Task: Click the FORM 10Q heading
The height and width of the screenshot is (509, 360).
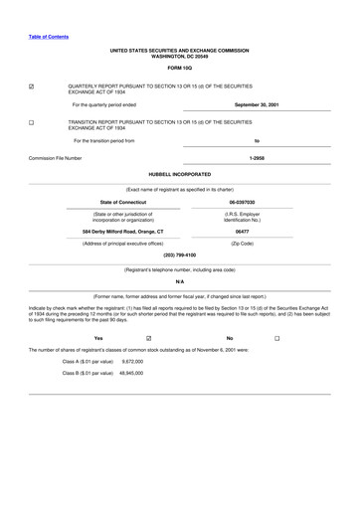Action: pos(179,68)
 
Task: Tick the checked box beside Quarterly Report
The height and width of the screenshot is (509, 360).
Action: pos(32,87)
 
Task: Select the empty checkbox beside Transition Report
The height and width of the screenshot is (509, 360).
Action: pos(32,124)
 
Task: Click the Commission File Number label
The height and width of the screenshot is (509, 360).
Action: pos(55,158)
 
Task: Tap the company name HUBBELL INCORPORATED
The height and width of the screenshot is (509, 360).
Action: pos(179,174)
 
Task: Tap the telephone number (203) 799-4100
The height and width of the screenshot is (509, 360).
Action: pos(179,254)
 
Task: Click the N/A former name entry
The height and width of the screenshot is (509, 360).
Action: pos(179,282)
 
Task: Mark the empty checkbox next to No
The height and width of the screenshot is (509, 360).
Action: pos(277,338)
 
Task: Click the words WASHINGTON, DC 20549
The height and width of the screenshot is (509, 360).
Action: pos(179,57)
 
